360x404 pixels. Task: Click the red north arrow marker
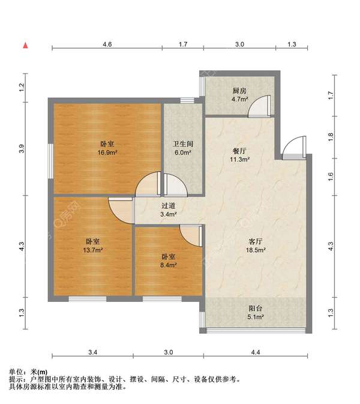coord(25,46)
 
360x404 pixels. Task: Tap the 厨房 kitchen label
coord(239,91)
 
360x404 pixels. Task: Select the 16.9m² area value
coord(107,152)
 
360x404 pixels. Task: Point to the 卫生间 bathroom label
coord(183,143)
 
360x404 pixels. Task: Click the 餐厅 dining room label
coord(239,151)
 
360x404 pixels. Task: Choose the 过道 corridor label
coord(169,206)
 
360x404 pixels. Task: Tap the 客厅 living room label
coord(256,241)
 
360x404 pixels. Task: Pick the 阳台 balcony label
coord(256,309)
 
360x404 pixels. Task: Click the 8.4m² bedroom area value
coord(169,265)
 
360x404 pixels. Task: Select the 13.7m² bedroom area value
coord(93,250)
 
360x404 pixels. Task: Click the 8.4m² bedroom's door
coord(191,236)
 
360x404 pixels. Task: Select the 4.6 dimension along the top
coord(107,44)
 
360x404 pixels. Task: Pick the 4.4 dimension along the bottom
coord(256,352)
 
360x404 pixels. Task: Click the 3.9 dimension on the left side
coord(22,149)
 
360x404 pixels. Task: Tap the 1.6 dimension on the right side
coord(331,176)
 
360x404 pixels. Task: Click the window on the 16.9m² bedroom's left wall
coord(51,161)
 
